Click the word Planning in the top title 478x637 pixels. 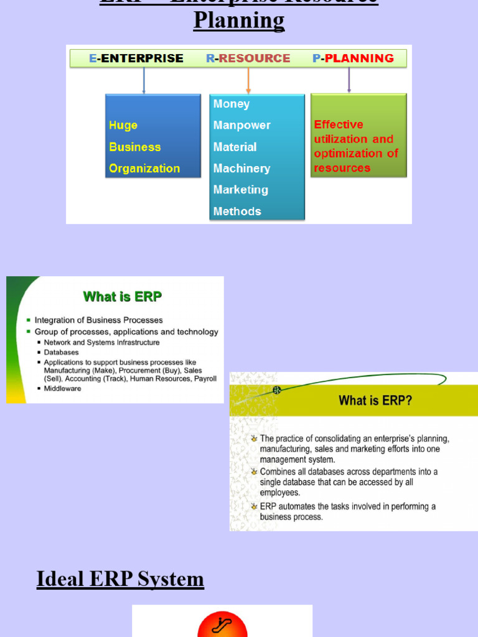click(x=239, y=21)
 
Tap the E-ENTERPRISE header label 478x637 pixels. click(x=136, y=58)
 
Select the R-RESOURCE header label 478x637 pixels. click(x=248, y=58)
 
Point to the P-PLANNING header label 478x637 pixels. click(x=353, y=58)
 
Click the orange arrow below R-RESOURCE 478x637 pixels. click(x=248, y=80)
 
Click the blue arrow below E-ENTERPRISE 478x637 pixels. click(x=144, y=80)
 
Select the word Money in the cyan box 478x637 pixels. click(x=232, y=104)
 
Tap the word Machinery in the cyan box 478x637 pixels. click(x=241, y=169)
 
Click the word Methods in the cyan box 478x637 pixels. click(x=237, y=212)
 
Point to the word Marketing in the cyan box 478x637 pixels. click(x=240, y=190)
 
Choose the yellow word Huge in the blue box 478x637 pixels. click(x=123, y=126)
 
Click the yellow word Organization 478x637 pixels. click(x=144, y=169)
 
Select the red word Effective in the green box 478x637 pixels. click(x=339, y=124)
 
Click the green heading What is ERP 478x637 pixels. click(x=123, y=297)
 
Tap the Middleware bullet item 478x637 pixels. click(x=62, y=389)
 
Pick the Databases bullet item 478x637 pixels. click(x=61, y=352)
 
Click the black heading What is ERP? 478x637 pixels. click(x=375, y=401)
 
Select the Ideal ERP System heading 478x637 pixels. click(x=120, y=579)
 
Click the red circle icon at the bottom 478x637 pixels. click(x=222, y=625)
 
